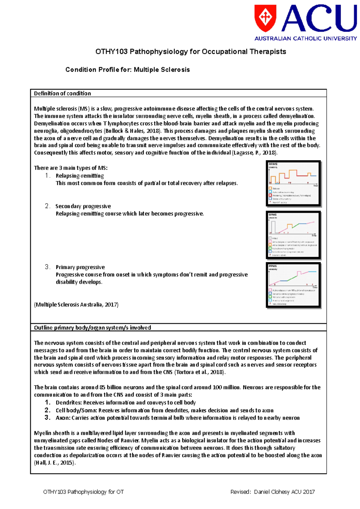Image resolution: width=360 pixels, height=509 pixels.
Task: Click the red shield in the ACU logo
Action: pos(265,18)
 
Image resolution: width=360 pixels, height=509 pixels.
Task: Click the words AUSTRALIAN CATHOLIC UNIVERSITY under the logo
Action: pos(305,38)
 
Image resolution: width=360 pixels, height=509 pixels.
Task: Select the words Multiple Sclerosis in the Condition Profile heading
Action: pos(162,70)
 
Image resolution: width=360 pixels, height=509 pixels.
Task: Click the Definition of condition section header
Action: pos(62,94)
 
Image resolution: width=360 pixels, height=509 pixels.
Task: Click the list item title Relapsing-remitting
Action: pos(80,176)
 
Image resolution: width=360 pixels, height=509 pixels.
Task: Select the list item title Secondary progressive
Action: pos(83,206)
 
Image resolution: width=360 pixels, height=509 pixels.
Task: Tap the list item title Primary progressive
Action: pos(80,267)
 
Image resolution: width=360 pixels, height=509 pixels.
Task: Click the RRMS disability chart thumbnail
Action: pos(293,183)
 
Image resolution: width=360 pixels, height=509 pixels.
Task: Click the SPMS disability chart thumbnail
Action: pos(293,235)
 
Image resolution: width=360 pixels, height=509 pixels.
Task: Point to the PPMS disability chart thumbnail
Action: pos(293,285)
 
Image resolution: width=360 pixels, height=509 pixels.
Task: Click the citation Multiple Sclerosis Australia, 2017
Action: pos(76,305)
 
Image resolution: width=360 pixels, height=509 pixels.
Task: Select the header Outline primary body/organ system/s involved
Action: pos(92,328)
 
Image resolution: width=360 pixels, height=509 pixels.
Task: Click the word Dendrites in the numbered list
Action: pos(69,403)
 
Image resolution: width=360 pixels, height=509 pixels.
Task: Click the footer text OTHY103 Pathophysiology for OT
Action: pos(83,492)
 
